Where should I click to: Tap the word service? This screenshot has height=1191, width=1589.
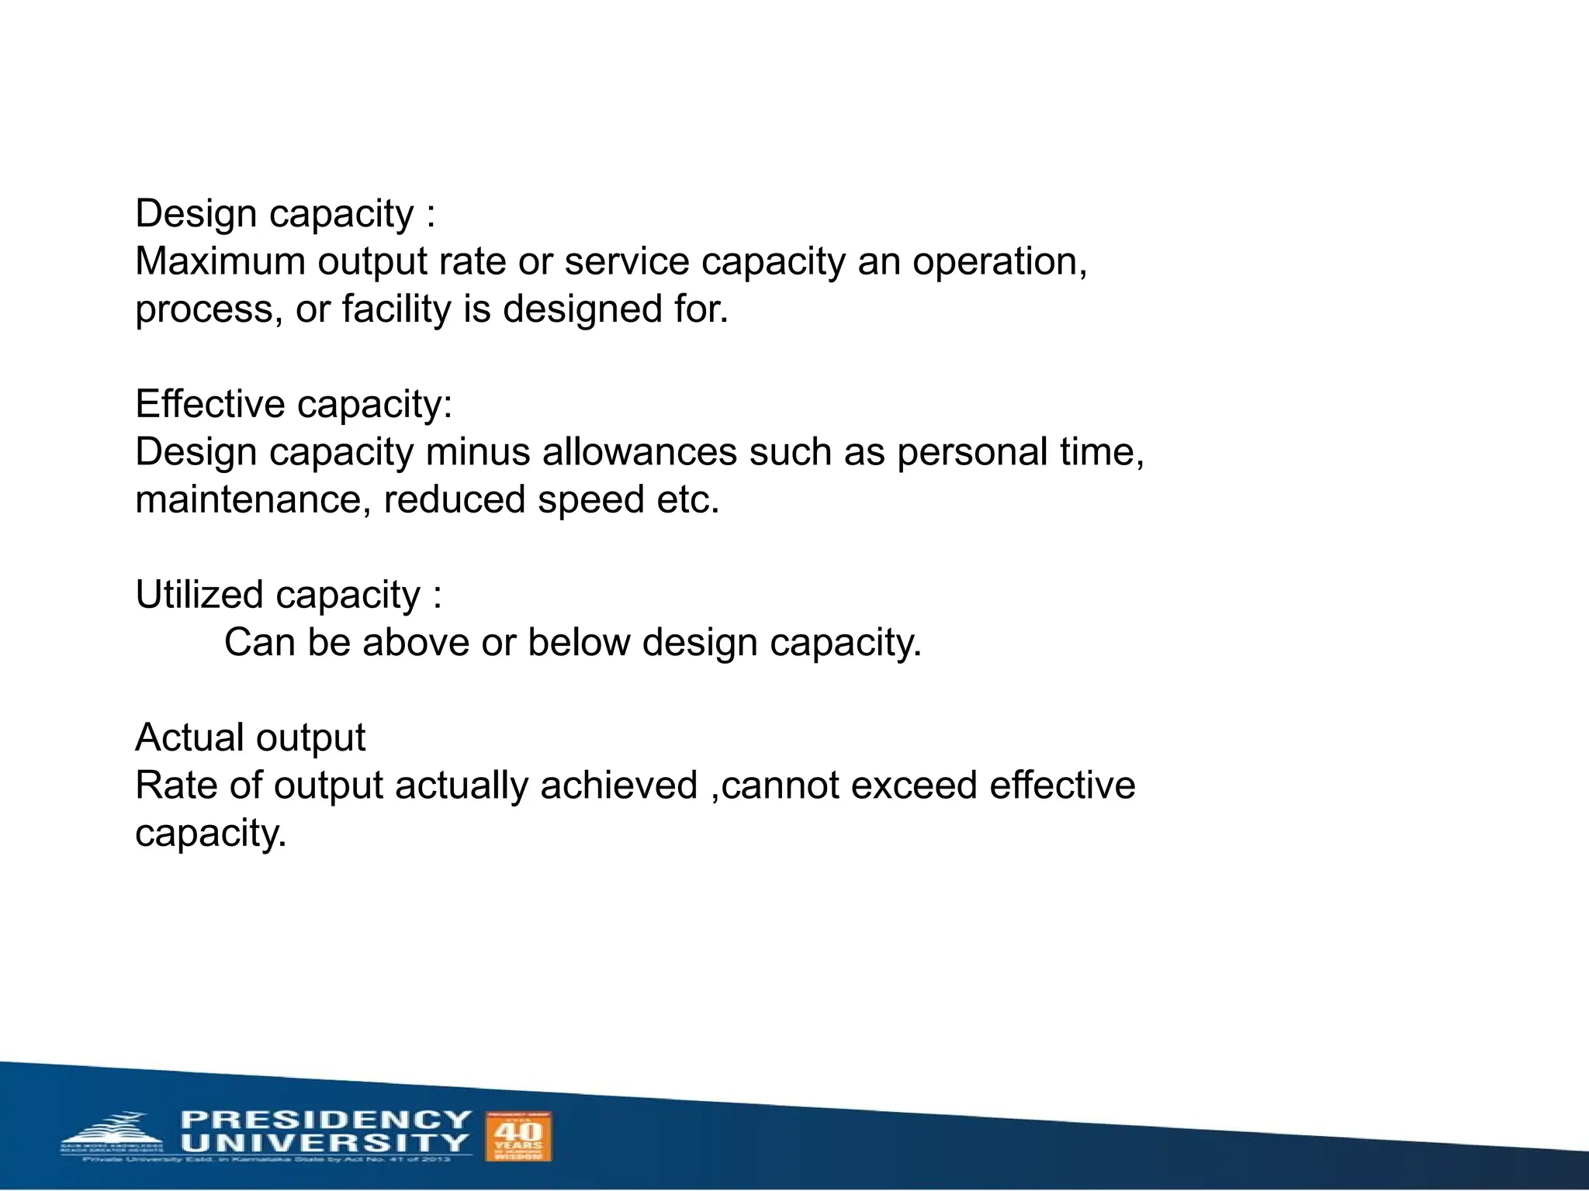[x=626, y=261]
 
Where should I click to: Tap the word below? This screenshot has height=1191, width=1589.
[x=579, y=643]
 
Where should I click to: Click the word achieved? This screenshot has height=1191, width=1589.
[x=618, y=785]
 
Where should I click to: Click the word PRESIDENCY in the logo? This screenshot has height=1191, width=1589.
[x=326, y=1120]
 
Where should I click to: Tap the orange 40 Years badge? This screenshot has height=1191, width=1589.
[x=518, y=1137]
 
